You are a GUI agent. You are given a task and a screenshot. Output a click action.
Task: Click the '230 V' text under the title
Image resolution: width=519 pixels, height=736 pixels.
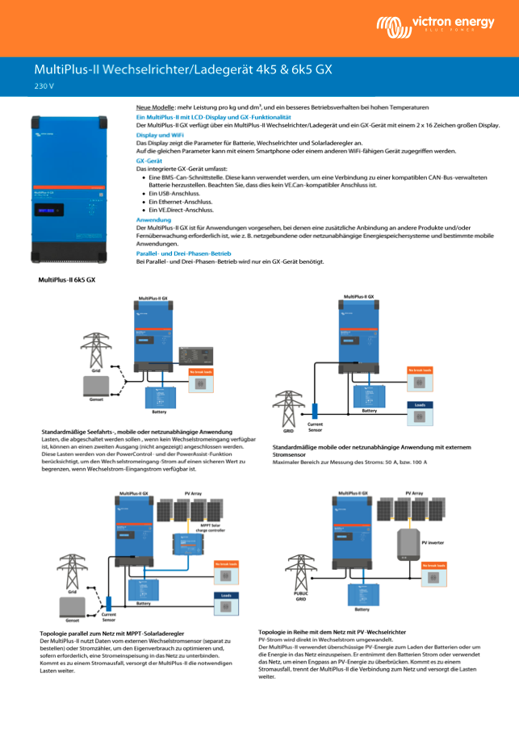pos(44,86)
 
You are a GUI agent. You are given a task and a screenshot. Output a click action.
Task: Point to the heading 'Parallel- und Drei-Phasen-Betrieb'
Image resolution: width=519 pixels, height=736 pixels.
pos(184,253)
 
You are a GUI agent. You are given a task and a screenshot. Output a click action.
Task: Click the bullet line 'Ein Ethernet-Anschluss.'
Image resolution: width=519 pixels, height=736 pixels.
pos(174,202)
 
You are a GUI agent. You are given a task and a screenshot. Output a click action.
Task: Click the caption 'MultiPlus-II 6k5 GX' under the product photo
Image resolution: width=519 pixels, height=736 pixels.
pos(67,279)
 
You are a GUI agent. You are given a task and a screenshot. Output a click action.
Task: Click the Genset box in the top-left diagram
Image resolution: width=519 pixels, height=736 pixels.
pos(96,385)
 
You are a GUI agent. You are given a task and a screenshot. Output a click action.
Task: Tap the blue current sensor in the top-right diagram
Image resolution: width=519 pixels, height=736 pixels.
pos(316,409)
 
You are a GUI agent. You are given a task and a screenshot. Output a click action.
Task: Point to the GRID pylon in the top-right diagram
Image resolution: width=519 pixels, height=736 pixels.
pos(287,408)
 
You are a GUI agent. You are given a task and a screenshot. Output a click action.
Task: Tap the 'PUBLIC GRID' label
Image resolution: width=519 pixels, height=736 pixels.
pos(300,596)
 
